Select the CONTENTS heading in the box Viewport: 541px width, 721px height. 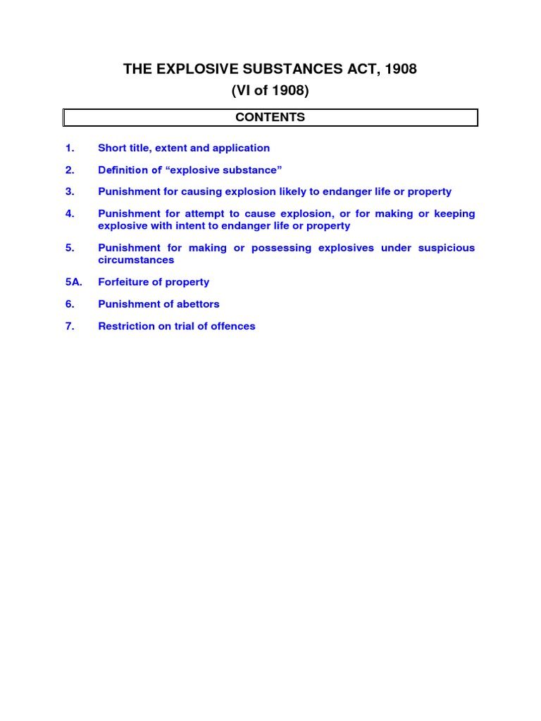point(270,118)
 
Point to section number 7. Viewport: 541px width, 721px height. point(69,326)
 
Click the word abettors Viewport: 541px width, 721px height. point(195,304)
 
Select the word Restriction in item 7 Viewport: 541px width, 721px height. point(125,326)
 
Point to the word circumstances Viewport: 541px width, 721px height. point(136,260)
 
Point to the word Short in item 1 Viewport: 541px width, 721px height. point(112,148)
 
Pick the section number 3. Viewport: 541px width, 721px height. point(69,192)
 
